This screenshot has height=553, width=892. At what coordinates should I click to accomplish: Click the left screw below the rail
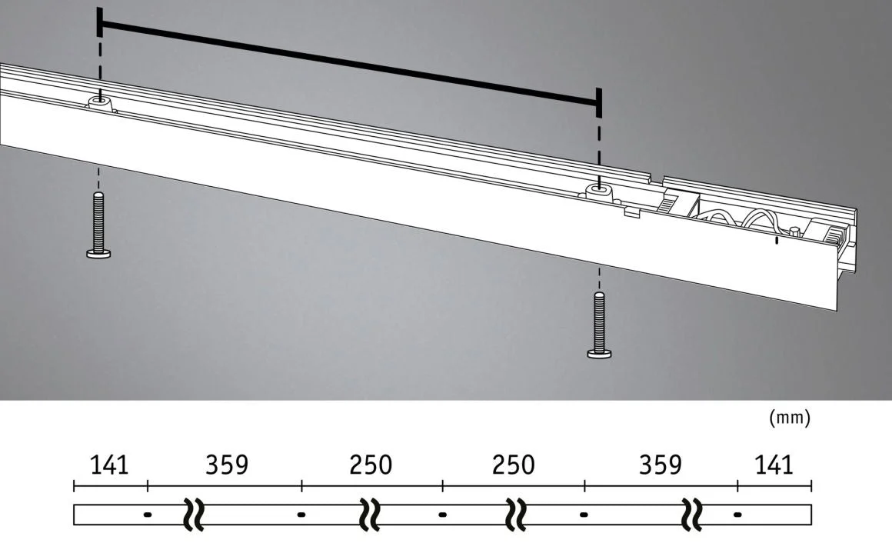tap(98, 225)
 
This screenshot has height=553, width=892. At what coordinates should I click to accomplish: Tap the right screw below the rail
tap(599, 325)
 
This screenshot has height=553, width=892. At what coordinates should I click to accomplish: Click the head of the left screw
tap(98, 253)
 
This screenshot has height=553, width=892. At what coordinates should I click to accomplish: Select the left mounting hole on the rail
tap(101, 99)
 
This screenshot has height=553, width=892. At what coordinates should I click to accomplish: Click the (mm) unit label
tap(790, 418)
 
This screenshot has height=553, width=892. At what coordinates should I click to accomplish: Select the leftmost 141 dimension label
tap(109, 465)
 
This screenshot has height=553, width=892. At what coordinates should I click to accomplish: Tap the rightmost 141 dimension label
tap(774, 465)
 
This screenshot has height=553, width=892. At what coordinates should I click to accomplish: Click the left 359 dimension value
tap(227, 465)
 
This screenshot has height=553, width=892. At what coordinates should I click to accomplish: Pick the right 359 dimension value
tap(660, 465)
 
